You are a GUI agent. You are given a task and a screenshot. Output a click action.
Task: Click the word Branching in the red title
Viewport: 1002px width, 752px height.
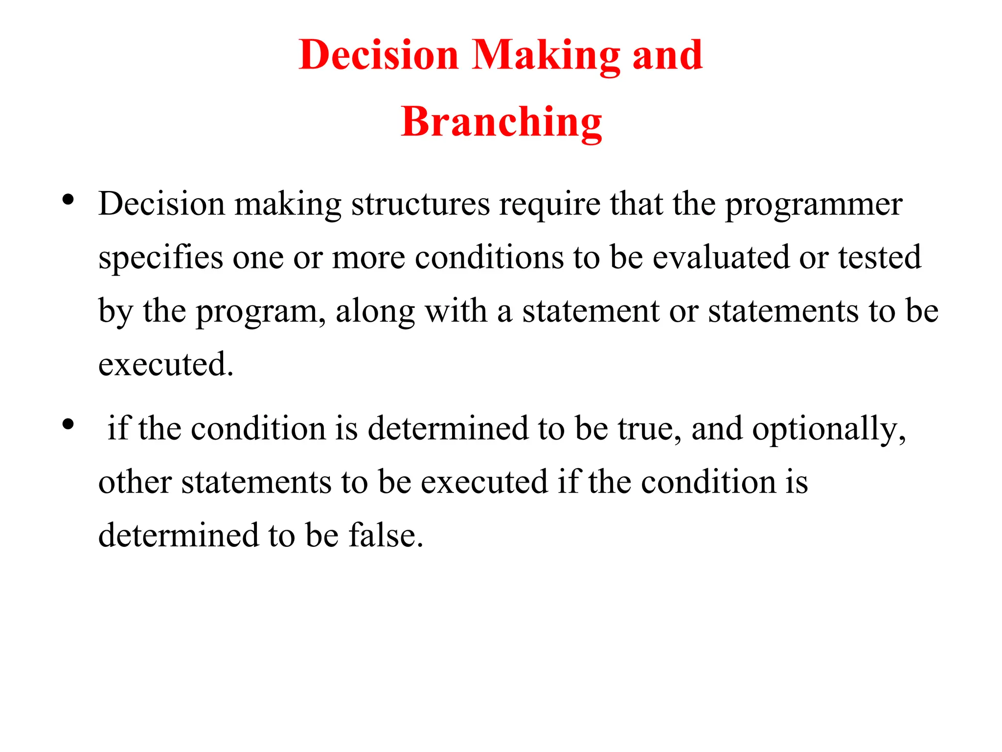pos(501,122)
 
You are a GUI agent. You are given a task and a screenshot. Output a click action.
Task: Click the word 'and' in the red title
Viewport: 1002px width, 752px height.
pos(667,55)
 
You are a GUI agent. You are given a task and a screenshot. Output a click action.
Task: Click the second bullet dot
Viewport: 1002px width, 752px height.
pos(68,423)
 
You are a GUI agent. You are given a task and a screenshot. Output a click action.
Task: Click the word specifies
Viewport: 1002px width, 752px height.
pos(160,258)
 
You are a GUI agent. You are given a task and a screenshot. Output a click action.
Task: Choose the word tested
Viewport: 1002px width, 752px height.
pos(880,258)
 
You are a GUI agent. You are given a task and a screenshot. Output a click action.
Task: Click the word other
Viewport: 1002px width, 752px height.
pos(135,482)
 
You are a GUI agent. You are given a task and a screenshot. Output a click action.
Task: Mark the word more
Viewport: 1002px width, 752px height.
pos(368,258)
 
